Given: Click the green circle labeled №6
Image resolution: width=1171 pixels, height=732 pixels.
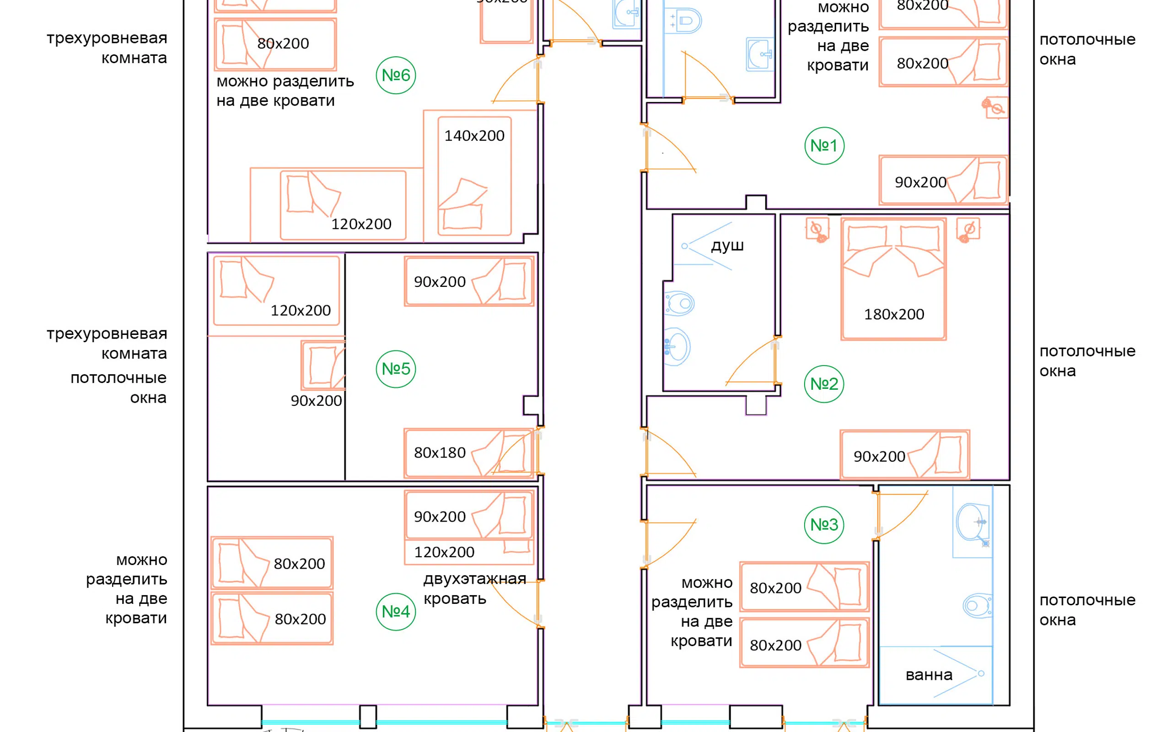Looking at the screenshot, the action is click(x=396, y=75).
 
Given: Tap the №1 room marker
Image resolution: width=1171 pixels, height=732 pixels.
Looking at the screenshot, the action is click(x=824, y=145).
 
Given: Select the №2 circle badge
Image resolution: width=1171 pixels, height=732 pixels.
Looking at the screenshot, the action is click(x=824, y=384).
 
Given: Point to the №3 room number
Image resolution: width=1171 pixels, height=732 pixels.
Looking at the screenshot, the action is click(x=824, y=524).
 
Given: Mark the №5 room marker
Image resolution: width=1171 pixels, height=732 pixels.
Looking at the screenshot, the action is click(x=396, y=369).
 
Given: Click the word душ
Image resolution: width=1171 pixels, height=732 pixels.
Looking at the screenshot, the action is click(x=727, y=246).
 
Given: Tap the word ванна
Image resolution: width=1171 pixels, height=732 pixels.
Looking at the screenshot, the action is click(x=929, y=675).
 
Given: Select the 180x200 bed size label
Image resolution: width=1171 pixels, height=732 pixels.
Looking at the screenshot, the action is click(x=894, y=314).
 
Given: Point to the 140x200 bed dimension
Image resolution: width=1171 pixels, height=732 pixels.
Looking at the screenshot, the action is click(x=474, y=135).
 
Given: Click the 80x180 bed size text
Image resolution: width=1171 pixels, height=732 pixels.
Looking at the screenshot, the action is click(x=440, y=452).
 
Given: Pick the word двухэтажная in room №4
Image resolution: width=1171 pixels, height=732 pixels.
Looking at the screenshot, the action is click(x=475, y=579).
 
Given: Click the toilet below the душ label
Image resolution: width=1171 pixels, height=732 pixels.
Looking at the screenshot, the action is click(x=680, y=303).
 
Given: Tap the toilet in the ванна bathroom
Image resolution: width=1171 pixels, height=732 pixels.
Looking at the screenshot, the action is click(x=978, y=605).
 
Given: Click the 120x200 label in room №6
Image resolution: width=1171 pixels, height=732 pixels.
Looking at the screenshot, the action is click(x=361, y=224).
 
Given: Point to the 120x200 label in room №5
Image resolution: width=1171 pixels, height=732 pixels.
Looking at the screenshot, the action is click(x=301, y=310).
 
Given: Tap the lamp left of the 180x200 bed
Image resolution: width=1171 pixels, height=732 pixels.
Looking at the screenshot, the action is click(x=817, y=230).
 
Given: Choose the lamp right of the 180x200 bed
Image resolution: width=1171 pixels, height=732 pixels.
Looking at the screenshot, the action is click(x=968, y=230).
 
